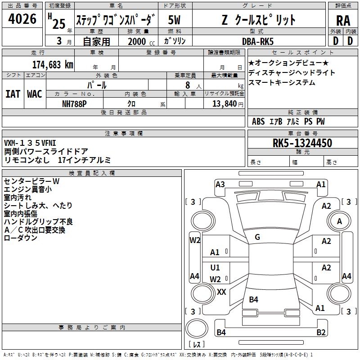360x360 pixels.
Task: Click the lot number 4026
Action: point(22,19)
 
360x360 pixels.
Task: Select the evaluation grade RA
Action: point(343,20)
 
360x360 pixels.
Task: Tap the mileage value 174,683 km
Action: point(53,64)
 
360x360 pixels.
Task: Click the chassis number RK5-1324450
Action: point(302,144)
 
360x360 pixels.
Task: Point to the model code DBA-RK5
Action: point(264,41)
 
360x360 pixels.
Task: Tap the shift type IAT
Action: point(13,94)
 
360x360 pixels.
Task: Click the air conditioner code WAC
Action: point(34,94)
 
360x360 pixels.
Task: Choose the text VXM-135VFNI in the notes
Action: point(30,144)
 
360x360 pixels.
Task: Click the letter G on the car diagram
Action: point(257,237)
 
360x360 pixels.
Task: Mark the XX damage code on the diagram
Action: point(221,292)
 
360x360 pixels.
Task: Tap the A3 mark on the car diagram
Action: point(220,184)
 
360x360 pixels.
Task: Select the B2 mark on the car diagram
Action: point(321,333)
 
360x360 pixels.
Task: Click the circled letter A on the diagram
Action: point(339,221)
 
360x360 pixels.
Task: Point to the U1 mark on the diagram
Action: point(215,268)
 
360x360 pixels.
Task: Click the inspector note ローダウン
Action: point(20,238)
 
